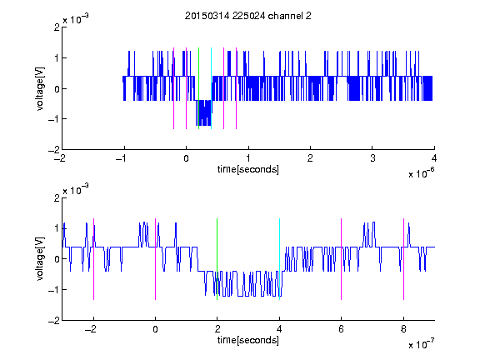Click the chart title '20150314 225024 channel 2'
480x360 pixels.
[x=248, y=16]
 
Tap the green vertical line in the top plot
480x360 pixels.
[x=198, y=88]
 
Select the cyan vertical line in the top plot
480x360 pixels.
[x=211, y=88]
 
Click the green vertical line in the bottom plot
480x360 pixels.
[x=217, y=259]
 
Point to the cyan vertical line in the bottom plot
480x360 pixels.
[x=279, y=259]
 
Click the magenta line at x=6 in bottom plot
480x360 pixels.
[x=342, y=259]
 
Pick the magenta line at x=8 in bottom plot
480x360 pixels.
[x=404, y=259]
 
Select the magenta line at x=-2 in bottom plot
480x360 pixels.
[x=93, y=259]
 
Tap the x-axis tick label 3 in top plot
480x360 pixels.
[x=372, y=158]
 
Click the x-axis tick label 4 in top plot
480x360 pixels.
[x=434, y=158]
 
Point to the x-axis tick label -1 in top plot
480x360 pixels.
[x=122, y=158]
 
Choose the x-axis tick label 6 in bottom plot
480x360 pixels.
[x=342, y=329]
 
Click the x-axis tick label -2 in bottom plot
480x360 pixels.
[x=91, y=329]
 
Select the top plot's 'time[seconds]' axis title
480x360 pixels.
[x=248, y=169]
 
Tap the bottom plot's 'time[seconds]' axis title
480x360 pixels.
[x=248, y=340]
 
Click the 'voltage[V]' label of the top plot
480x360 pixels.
[x=40, y=88]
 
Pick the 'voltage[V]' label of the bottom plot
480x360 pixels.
[x=40, y=258]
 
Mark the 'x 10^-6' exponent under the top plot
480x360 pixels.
[x=421, y=173]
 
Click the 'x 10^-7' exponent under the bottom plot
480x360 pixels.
[x=421, y=344]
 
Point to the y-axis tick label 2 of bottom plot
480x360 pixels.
[x=57, y=198]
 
